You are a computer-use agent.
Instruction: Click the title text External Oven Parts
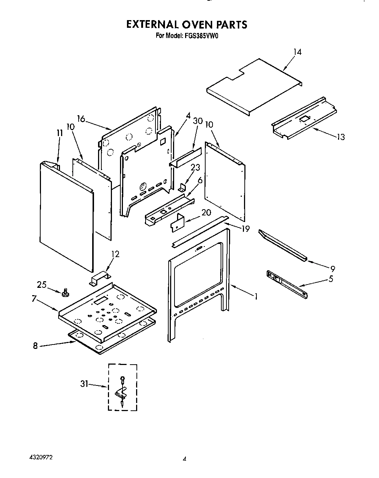point(187,25)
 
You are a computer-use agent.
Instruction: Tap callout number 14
point(297,52)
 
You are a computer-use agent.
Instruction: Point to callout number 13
point(340,137)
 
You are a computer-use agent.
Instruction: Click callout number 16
point(81,119)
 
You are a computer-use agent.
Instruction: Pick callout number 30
point(198,121)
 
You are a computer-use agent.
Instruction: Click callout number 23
point(195,168)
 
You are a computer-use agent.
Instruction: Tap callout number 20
point(206,212)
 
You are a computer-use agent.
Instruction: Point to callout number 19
point(245,229)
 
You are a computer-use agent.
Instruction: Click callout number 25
point(42,284)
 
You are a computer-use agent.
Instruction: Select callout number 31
point(85,384)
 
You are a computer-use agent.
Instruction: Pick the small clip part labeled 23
point(182,188)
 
